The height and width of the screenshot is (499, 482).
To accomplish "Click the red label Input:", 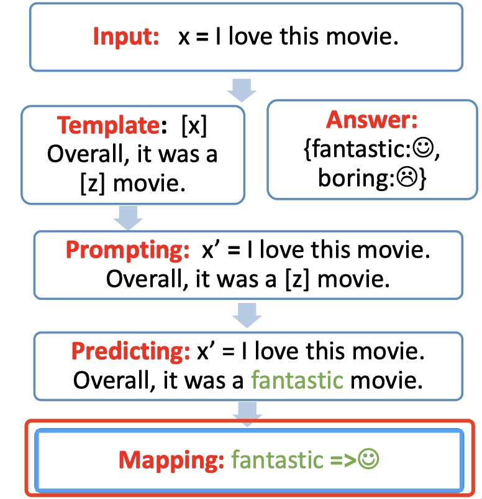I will [126, 37].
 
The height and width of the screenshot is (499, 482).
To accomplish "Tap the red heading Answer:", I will [371, 119].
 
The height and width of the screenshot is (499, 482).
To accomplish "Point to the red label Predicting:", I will [130, 352].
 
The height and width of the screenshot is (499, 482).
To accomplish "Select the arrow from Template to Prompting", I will [130, 216].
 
